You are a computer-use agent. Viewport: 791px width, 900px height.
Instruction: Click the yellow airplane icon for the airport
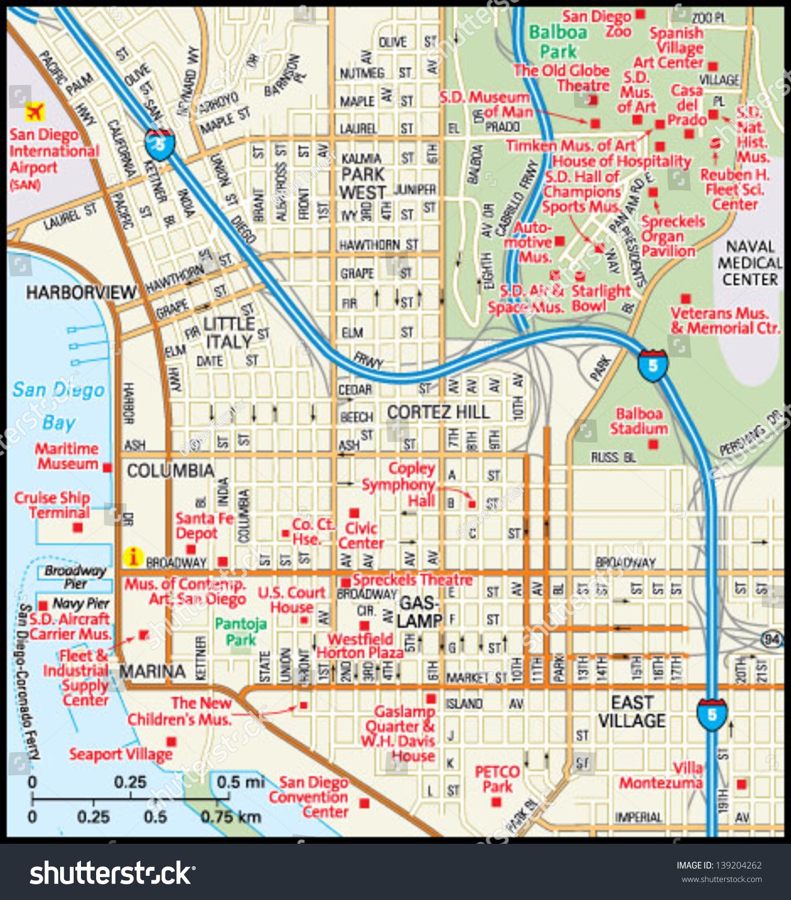pyautogui.click(x=35, y=111)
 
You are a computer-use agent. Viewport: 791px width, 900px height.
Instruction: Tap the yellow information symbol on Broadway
pyautogui.click(x=133, y=557)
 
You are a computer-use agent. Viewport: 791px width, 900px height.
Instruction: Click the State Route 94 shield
pyautogui.click(x=772, y=639)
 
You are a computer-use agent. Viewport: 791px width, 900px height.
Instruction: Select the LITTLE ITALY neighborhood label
pyautogui.click(x=228, y=332)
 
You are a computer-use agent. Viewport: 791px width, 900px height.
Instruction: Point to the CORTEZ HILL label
pyautogui.click(x=438, y=412)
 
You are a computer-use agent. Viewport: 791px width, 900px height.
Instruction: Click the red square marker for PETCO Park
pyautogui.click(x=496, y=803)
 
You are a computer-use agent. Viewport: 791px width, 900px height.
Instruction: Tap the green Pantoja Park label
pyautogui.click(x=241, y=631)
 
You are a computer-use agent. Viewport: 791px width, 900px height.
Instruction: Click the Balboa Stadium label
pyautogui.click(x=639, y=421)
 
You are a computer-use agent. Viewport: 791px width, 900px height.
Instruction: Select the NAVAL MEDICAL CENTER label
pyautogui.click(x=750, y=263)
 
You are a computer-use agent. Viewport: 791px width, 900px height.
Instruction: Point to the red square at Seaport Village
pyautogui.click(x=171, y=742)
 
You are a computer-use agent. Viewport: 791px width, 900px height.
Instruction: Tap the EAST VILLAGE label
pyautogui.click(x=632, y=711)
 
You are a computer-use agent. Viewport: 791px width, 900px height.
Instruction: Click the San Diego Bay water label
pyautogui.click(x=58, y=406)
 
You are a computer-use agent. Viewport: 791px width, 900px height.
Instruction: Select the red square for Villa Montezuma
pyautogui.click(x=742, y=784)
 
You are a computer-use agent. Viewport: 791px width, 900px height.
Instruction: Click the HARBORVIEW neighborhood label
pyautogui.click(x=81, y=292)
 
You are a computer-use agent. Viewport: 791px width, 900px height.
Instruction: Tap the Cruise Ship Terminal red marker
pyautogui.click(x=78, y=527)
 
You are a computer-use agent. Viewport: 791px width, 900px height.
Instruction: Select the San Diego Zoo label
pyautogui.click(x=597, y=24)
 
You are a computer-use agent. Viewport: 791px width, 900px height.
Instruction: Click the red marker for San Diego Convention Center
pyautogui.click(x=364, y=803)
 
